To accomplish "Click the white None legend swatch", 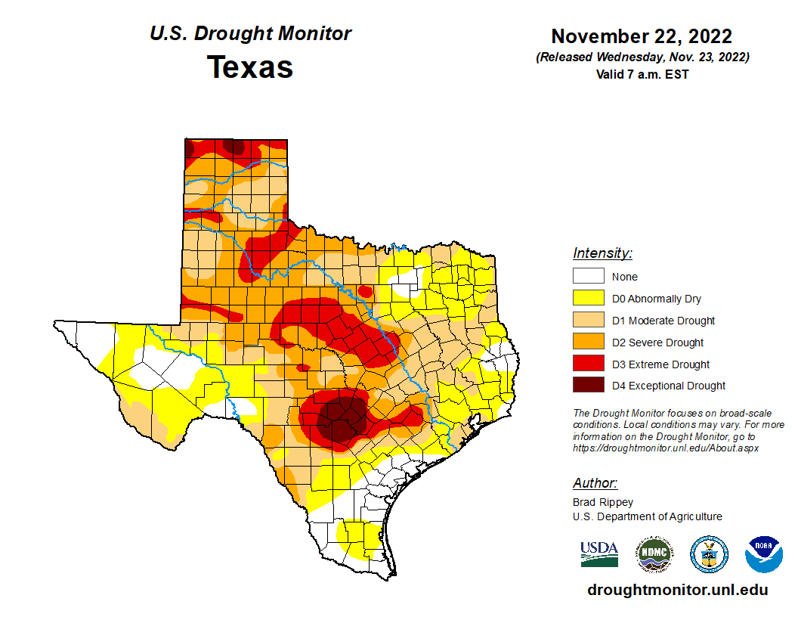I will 589,277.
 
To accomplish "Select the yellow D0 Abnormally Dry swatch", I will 589,299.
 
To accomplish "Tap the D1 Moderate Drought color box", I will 589,321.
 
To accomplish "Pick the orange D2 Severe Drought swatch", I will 589,343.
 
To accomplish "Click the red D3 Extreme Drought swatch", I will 589,364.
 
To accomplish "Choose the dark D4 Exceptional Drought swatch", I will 589,386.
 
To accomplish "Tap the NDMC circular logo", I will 654,554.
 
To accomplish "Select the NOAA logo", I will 763,554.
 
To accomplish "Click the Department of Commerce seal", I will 709,554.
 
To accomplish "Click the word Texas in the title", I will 250,67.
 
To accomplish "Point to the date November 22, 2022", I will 642,36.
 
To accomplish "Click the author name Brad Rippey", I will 603,502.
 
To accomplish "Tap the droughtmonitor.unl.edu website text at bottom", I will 677,591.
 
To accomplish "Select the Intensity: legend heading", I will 602,253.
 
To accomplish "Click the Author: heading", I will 595,483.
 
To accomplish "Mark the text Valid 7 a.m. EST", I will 642,74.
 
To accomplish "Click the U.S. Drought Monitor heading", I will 250,34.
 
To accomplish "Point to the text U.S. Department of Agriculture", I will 647,516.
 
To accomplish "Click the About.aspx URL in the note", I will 665,448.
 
